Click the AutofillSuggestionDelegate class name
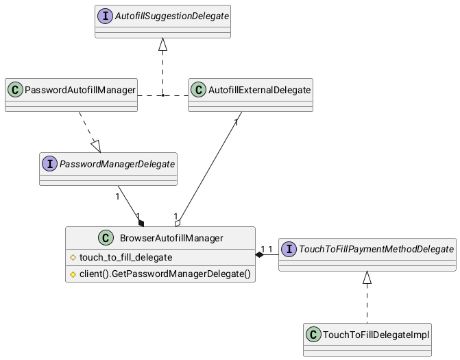(172, 16)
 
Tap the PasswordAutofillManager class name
(80, 90)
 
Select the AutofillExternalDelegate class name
(259, 90)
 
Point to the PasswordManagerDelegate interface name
(117, 164)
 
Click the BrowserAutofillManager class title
(171, 238)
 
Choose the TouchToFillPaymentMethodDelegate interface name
(376, 249)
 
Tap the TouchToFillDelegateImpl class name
(376, 335)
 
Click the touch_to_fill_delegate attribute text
(126, 257)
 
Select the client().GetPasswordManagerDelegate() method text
(165, 274)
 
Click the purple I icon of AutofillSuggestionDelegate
(105, 16)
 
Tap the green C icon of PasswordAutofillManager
(15, 90)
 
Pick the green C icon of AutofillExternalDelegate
(198, 90)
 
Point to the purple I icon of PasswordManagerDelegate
(49, 164)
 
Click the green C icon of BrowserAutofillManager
(106, 238)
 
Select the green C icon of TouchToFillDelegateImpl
(313, 335)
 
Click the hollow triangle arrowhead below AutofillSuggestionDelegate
(163, 45)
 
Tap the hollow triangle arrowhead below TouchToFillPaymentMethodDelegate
(367, 278)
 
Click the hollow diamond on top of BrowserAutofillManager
(178, 224)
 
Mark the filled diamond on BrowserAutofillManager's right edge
(259, 254)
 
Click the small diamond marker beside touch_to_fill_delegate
(73, 258)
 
